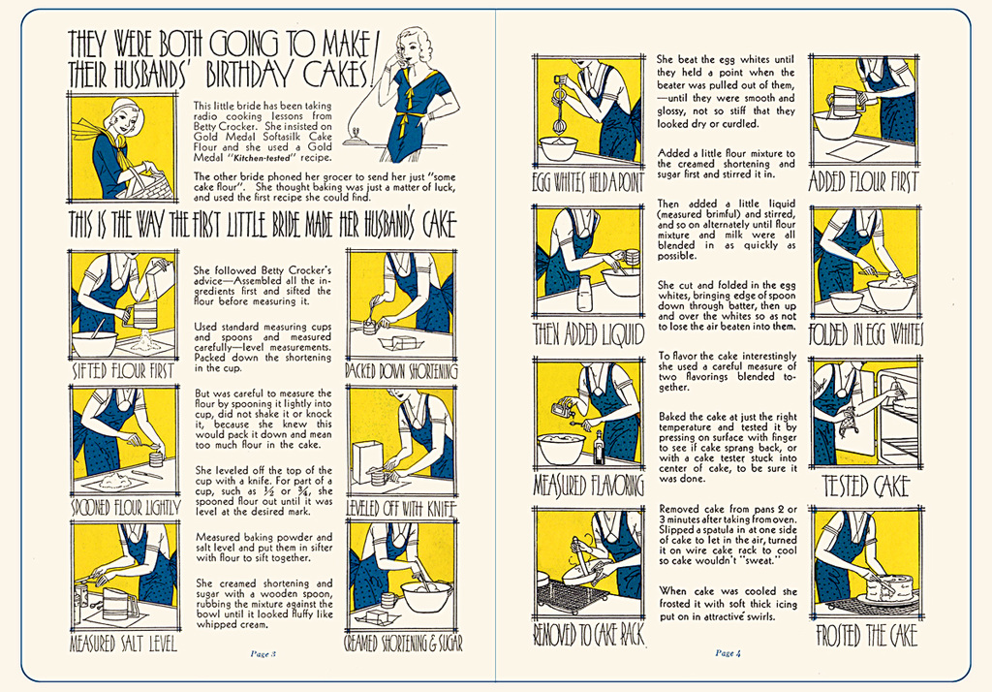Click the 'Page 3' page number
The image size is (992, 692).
click(x=263, y=654)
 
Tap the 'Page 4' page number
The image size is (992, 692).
click(x=728, y=652)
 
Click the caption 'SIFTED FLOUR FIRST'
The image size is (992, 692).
click(x=123, y=370)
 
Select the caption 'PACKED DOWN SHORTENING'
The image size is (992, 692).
click(x=401, y=370)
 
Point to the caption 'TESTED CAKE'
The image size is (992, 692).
click(x=866, y=487)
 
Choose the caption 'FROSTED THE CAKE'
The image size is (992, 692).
click(x=866, y=635)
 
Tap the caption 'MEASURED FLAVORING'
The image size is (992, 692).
click(x=588, y=485)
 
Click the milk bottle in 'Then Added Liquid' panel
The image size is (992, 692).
click(x=584, y=293)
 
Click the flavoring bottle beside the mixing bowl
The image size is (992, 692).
click(x=599, y=448)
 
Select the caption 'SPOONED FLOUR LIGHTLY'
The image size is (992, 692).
click(x=125, y=508)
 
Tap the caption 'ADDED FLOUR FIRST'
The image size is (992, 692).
click(x=863, y=181)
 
